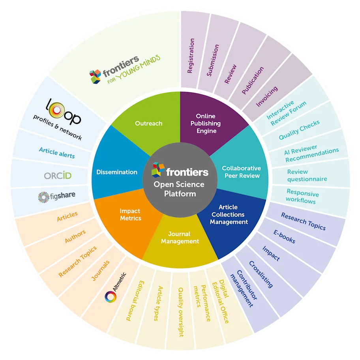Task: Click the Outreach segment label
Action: (148, 124)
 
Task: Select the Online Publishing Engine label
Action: (206, 124)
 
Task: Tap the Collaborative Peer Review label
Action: (241, 172)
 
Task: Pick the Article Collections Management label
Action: (229, 214)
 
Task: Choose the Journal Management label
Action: (180, 238)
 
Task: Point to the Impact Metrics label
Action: (130, 215)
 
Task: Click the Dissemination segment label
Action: (117, 172)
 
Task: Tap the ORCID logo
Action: (58, 175)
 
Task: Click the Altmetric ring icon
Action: (110, 296)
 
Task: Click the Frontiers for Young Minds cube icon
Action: (95, 76)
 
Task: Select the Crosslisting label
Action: (261, 274)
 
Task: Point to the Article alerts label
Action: (57, 152)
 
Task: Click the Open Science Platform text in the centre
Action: (180, 189)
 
